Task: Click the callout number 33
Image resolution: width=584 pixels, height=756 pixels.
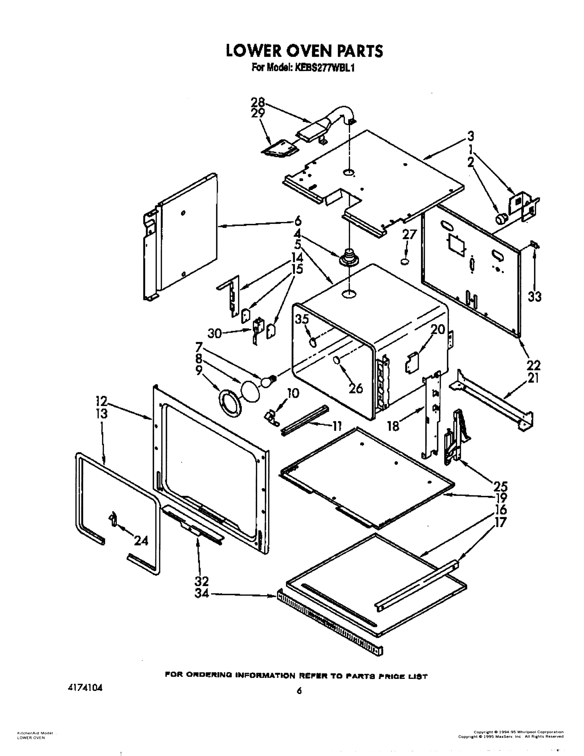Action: [534, 297]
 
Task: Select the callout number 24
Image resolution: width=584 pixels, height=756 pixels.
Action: [141, 540]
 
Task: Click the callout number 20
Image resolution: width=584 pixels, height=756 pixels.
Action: [437, 329]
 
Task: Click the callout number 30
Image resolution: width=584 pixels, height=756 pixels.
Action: [214, 333]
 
